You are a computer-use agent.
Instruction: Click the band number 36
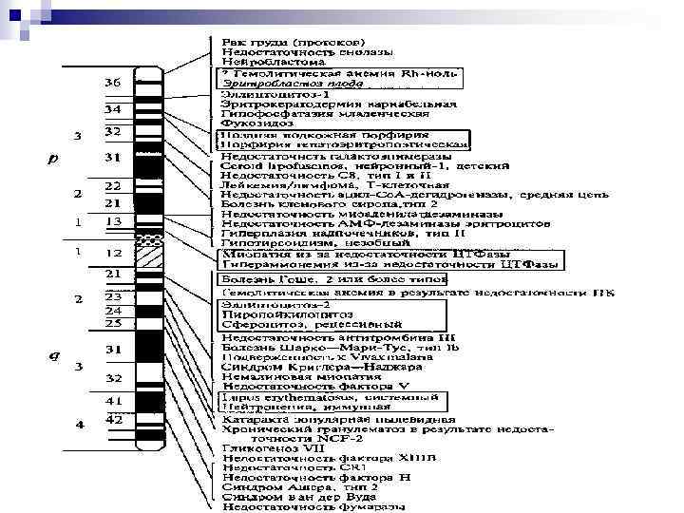pos(112,83)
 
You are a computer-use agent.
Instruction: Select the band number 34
pos(112,109)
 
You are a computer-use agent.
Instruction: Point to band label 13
pos(112,220)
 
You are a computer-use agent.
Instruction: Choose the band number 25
pos(112,324)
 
